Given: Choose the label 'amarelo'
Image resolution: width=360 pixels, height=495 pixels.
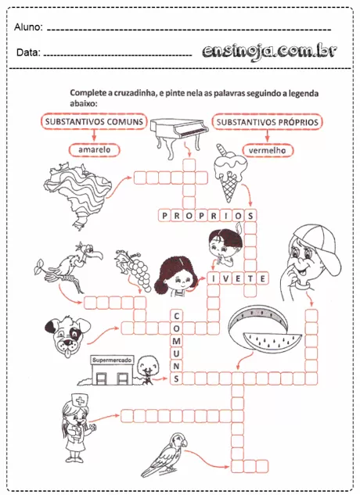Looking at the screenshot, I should click(94, 149).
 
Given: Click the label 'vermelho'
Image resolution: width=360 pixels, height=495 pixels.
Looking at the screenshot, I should click(268, 149).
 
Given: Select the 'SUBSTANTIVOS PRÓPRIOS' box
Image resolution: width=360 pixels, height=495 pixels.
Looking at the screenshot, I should click(268, 123).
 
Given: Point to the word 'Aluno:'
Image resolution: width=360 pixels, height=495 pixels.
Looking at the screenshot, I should click(28, 28).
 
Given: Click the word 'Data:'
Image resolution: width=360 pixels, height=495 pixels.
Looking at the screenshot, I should click(28, 53).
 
